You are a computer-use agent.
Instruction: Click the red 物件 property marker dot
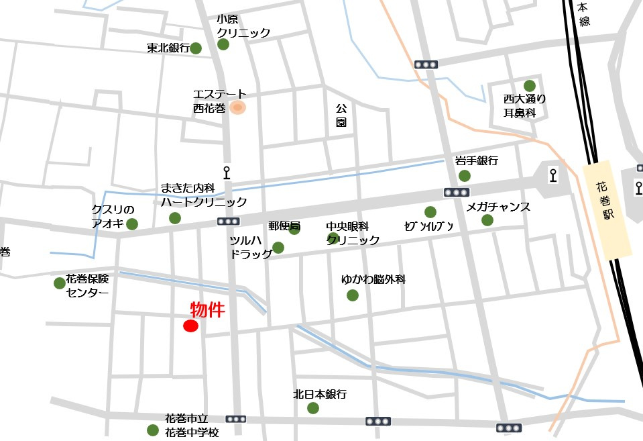[x=190, y=326]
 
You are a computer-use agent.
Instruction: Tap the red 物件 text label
[x=207, y=309]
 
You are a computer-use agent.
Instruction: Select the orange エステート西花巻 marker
[x=237, y=107]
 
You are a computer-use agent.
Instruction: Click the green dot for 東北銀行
[x=196, y=48]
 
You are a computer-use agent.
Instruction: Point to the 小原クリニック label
[x=243, y=26]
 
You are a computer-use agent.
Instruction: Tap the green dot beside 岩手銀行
[x=464, y=176]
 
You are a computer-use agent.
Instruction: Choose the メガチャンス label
[x=498, y=207]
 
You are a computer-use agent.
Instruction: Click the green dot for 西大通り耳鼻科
[x=530, y=85]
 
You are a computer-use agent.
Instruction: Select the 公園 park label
[x=341, y=115]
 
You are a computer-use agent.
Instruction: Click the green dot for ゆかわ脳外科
[x=353, y=295]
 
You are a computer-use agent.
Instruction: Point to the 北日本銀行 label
[x=320, y=394]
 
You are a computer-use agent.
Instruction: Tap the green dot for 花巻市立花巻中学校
[x=153, y=430]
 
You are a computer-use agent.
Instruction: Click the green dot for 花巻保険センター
[x=60, y=283]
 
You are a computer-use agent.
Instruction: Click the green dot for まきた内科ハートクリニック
[x=175, y=217]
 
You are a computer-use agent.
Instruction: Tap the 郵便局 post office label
[x=284, y=226]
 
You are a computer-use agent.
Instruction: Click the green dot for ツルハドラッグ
[x=278, y=248]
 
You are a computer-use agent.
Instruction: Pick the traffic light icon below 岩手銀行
[x=456, y=193]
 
